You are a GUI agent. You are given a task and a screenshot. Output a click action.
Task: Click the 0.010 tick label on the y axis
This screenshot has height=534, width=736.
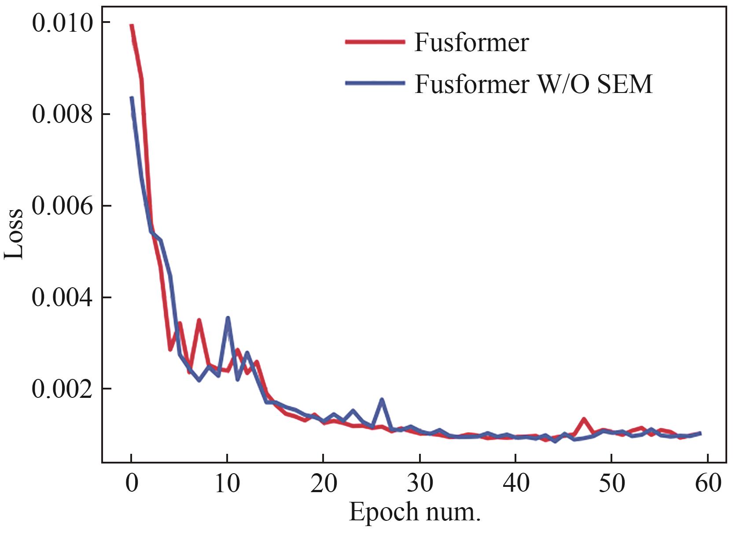coord(63,23)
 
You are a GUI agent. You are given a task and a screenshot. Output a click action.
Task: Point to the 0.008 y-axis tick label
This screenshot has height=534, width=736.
coord(63,114)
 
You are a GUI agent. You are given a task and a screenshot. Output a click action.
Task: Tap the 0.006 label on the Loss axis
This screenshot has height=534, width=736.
coord(63,206)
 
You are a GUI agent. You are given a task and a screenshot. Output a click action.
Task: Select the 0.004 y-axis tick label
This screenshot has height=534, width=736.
coord(63,297)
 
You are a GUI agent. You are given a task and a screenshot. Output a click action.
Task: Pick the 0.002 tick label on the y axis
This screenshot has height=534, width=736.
coord(63,389)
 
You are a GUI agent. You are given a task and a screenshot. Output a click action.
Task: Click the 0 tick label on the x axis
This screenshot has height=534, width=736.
coord(131,483)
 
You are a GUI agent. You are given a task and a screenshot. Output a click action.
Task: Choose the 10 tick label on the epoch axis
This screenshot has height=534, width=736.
coord(227,483)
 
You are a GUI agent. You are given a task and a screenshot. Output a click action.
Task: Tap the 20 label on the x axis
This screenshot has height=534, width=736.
coord(324,483)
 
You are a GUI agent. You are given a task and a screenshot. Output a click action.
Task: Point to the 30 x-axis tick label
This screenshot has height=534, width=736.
coord(420,483)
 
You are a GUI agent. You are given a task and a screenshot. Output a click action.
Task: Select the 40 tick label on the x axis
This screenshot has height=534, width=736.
coord(515,483)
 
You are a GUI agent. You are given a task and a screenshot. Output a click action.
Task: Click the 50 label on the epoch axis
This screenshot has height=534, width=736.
coord(611,483)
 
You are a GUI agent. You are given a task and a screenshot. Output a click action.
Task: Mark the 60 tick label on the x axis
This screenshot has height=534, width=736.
coord(707,483)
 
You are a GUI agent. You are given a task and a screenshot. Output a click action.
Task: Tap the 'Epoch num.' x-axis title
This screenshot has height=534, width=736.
coord(414,512)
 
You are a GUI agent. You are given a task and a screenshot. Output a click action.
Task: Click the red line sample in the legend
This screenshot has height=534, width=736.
coord(375,42)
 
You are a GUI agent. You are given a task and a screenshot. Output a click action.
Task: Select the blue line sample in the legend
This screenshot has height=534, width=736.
coord(375,83)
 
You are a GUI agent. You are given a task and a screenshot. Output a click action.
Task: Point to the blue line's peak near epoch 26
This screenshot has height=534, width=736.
coord(382,400)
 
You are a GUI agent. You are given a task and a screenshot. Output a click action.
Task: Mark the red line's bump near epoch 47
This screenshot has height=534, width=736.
coord(584,419)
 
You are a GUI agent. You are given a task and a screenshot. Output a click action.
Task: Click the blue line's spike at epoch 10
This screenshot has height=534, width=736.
coord(228,318)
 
